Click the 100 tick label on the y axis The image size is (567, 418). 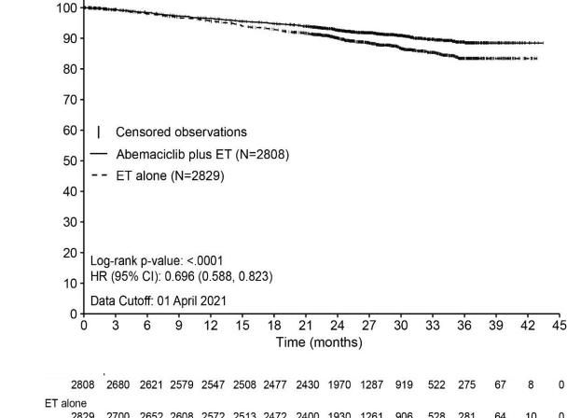tap(67, 8)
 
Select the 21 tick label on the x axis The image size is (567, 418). tap(305, 325)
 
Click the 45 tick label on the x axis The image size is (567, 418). tap(559, 325)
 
